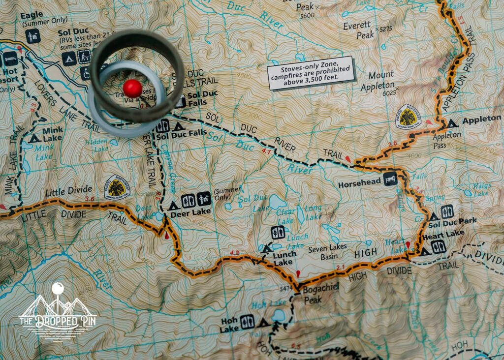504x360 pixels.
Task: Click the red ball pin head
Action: [x=132, y=88]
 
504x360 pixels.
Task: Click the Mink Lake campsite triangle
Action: [x=35, y=138]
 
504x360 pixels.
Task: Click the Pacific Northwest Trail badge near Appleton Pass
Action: [x=408, y=117]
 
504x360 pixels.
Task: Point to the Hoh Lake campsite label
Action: [x=229, y=325]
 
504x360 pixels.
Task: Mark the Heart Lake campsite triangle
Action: [x=424, y=251]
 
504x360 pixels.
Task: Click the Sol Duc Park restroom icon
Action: [x=447, y=211]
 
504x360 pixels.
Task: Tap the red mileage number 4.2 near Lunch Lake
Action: [x=234, y=253]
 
